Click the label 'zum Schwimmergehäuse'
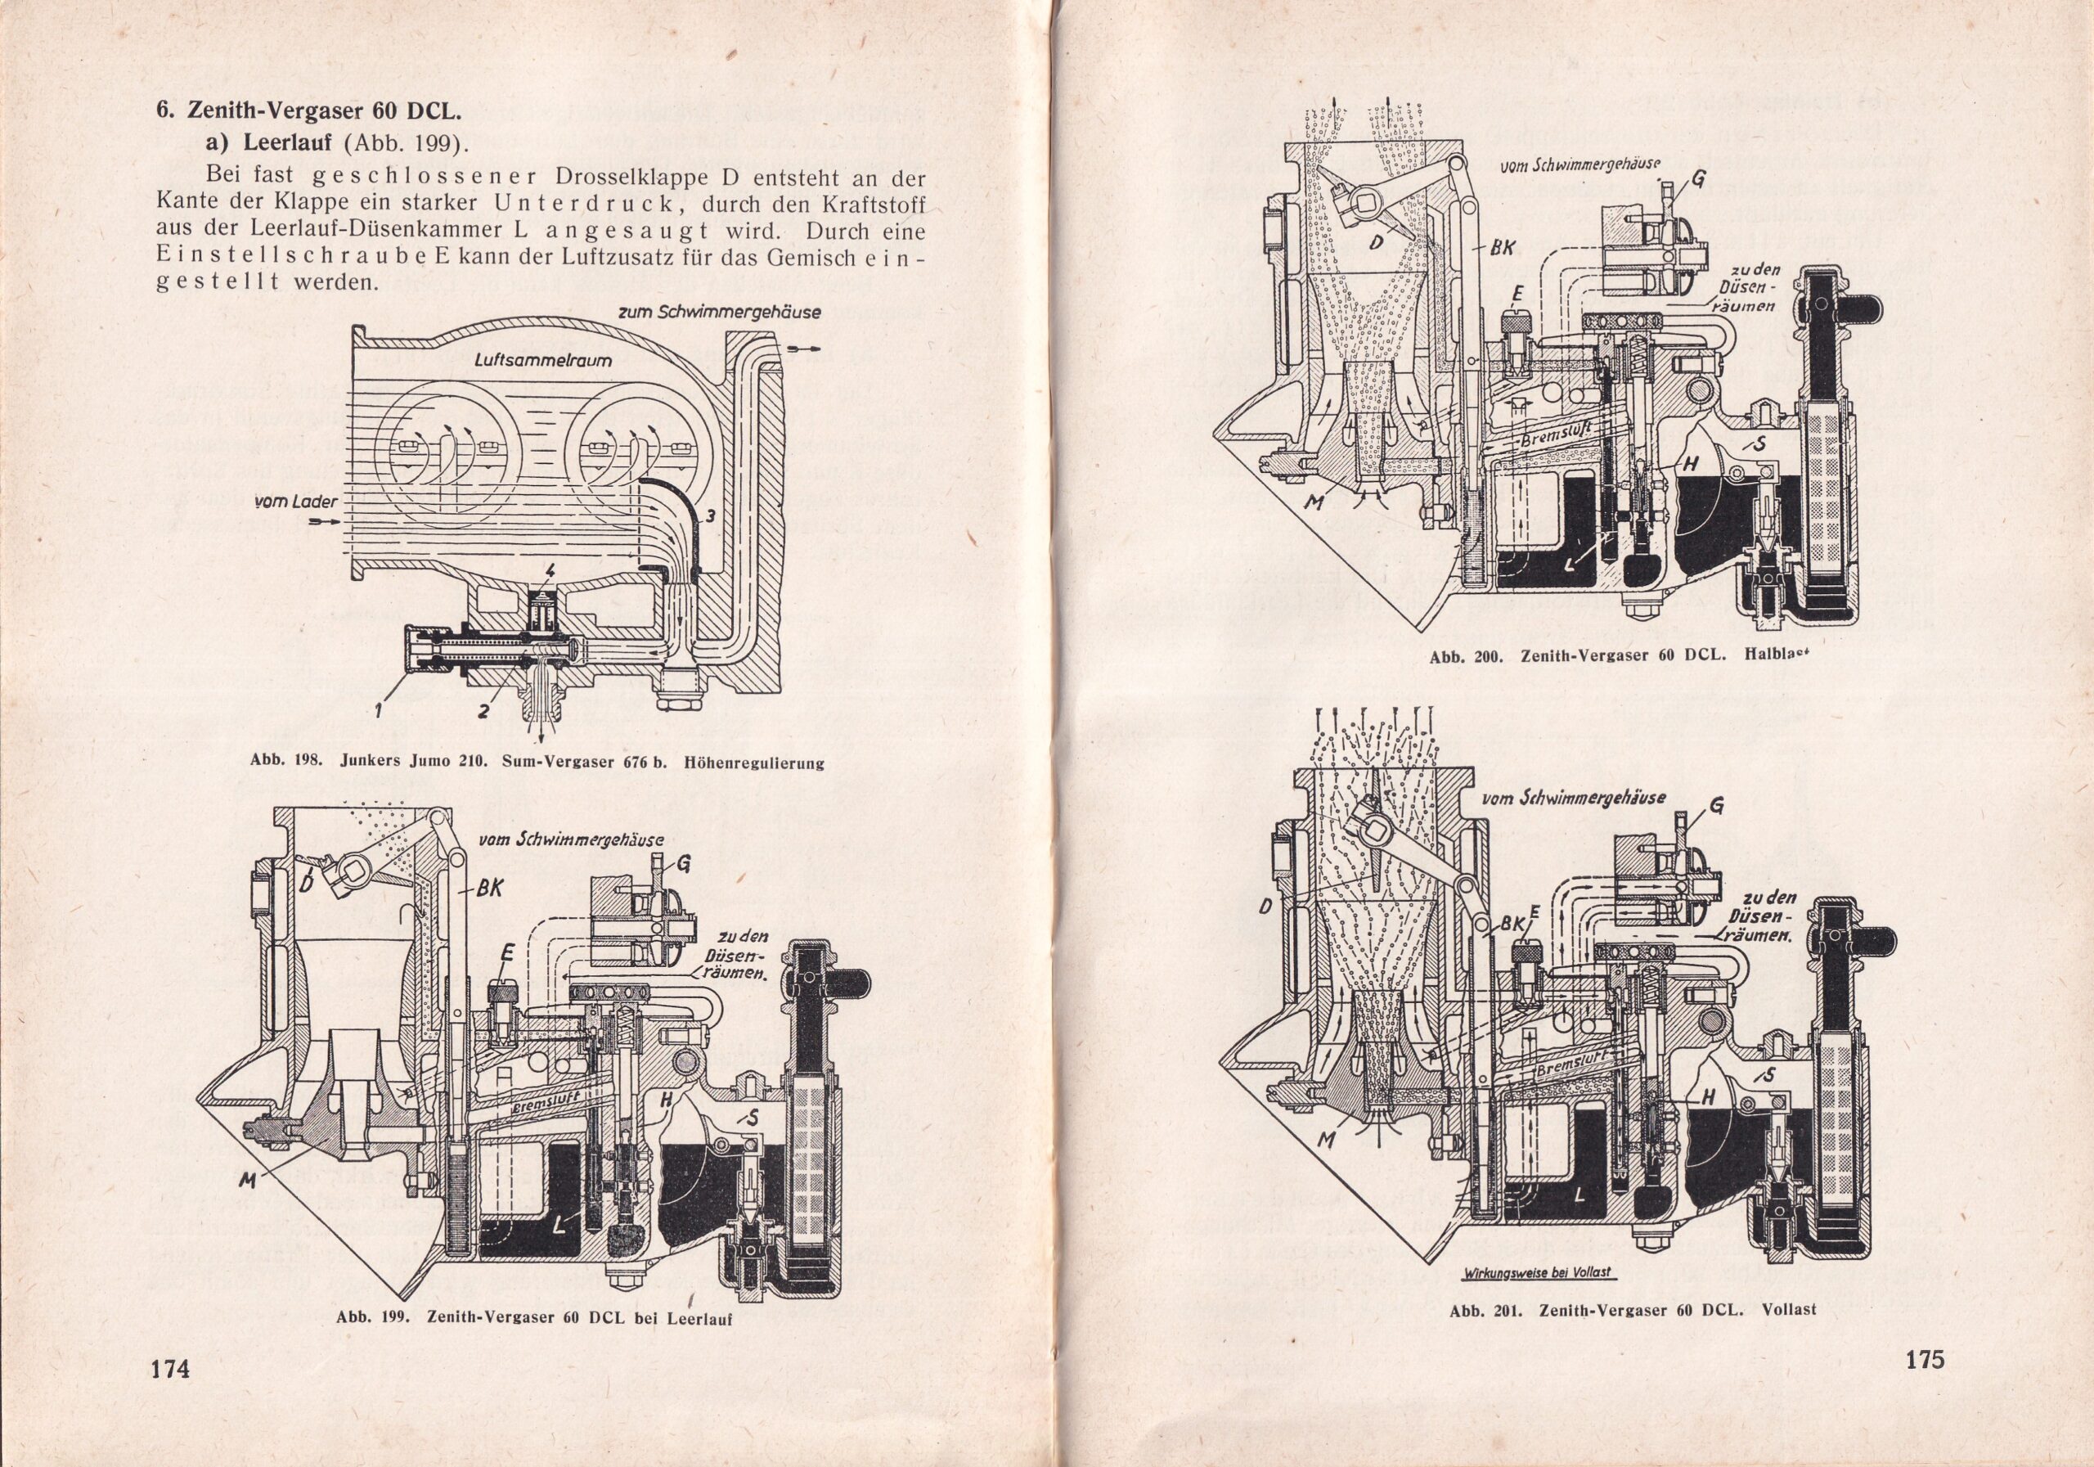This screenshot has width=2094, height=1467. (720, 312)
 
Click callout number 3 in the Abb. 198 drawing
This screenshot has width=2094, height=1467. (712, 516)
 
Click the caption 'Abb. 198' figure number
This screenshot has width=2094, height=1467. (285, 763)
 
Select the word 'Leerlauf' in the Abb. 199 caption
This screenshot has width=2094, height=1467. (699, 1318)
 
